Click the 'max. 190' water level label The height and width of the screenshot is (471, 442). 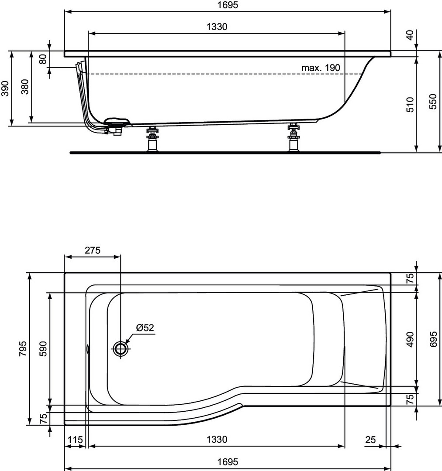pyautogui.click(x=321, y=68)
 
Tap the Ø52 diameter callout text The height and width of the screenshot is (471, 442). pyautogui.click(x=145, y=327)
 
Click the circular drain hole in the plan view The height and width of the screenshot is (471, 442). pyautogui.click(x=121, y=348)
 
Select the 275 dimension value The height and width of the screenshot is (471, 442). pyautogui.click(x=92, y=250)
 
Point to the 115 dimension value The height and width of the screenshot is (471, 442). pyautogui.click(x=75, y=440)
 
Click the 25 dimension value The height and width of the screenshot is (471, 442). pyautogui.click(x=370, y=440)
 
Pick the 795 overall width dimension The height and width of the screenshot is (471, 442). pyautogui.click(x=23, y=348)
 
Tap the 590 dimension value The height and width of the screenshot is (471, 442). pyautogui.click(x=44, y=348)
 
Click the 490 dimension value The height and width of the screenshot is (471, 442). pyautogui.click(x=410, y=339)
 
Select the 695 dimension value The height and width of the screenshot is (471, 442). pyautogui.click(x=433, y=339)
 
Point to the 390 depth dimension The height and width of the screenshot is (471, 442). pyautogui.click(x=5, y=88)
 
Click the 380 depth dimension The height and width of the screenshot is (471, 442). pyautogui.click(x=25, y=86)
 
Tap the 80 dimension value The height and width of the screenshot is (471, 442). pyautogui.click(x=43, y=59)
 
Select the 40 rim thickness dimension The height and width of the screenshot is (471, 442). pyautogui.click(x=410, y=35)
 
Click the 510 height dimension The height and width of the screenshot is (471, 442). pyautogui.click(x=410, y=104)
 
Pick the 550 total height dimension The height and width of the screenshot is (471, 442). pyautogui.click(x=433, y=102)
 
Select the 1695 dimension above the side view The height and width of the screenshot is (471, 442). pyautogui.click(x=228, y=5)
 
